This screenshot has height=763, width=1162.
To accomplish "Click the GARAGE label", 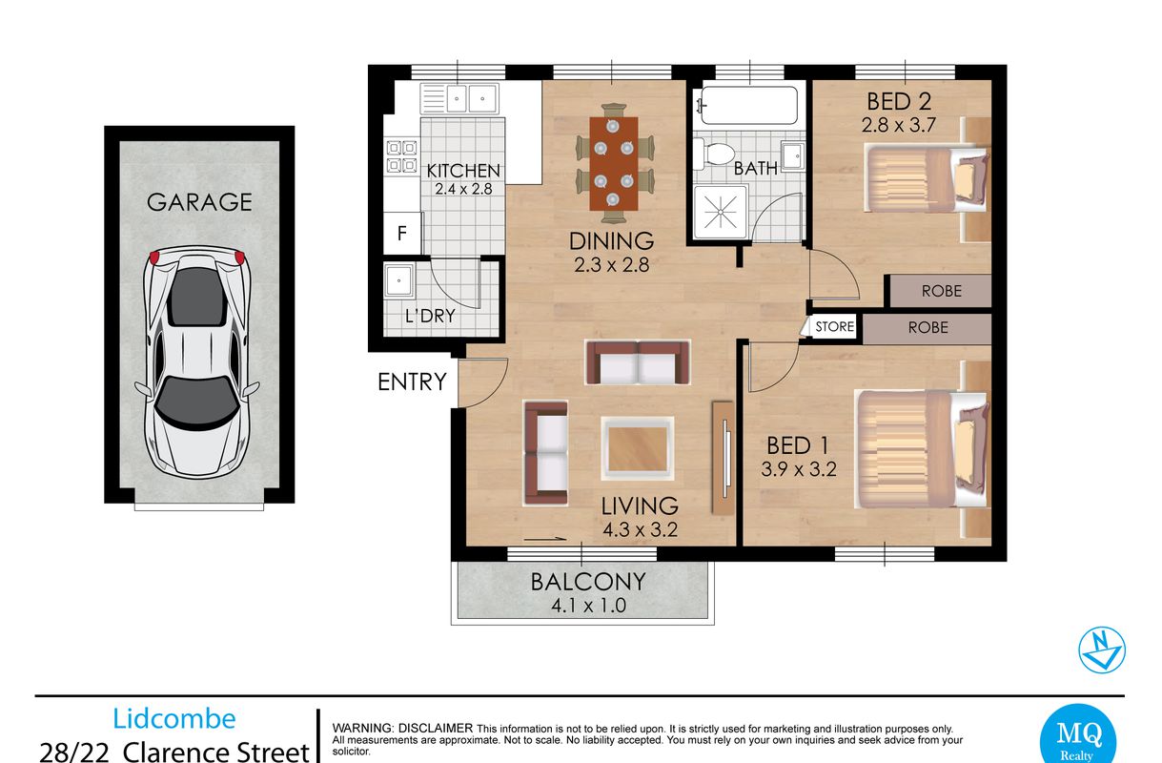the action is (199, 202).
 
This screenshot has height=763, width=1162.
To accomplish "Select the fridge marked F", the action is (402, 233).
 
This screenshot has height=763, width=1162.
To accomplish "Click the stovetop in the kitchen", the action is (402, 156).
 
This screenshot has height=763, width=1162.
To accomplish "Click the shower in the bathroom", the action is (721, 213).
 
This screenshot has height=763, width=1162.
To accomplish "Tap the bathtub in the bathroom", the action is (748, 105).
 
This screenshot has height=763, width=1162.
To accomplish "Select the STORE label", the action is (834, 326).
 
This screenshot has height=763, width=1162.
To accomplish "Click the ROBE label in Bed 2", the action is (942, 291).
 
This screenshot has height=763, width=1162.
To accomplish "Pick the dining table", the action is (614, 163).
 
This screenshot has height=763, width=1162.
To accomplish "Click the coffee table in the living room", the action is (638, 448).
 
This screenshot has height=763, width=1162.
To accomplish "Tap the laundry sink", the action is (398, 280).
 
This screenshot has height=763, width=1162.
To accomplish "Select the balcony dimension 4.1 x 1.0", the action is (588, 606).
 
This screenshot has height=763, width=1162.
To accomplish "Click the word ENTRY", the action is (412, 382).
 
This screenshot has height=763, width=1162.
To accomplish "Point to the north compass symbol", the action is (1102, 650).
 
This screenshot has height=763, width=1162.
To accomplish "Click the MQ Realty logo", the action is (1078, 735).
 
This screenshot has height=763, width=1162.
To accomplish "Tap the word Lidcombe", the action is (174, 719).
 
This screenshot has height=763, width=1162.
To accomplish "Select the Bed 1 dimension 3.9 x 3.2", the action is (799, 469).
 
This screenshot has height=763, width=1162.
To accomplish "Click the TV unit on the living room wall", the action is (723, 457).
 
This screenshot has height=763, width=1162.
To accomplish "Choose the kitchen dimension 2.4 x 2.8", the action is (463, 189).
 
